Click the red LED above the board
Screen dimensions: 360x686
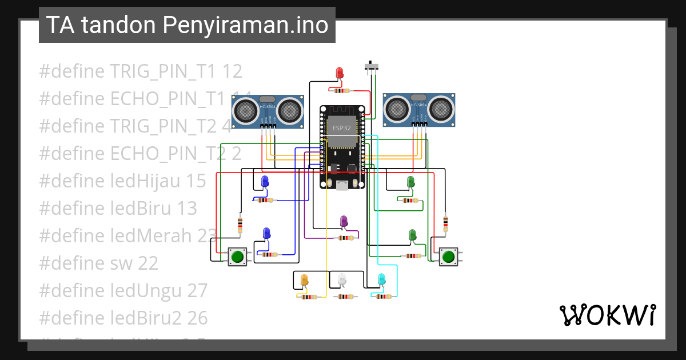coord(340,73)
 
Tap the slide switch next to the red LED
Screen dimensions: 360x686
coord(372,67)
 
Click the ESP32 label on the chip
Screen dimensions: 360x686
coord(341,129)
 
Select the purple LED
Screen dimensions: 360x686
coord(344,221)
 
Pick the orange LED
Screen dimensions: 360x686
coord(304,279)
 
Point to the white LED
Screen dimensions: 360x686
coord(342,279)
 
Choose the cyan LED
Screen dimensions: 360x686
coord(381,279)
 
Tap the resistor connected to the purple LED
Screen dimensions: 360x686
coord(345,238)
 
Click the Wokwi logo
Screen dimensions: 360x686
coord(607,315)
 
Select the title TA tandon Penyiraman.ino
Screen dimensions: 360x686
coord(187,25)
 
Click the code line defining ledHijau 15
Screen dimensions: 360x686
coord(122,181)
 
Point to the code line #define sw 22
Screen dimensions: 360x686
coord(98,263)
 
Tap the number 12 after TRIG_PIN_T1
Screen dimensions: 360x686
coord(232,71)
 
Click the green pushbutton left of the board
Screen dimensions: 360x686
coord(237,256)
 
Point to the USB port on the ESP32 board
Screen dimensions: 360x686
coord(342,185)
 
